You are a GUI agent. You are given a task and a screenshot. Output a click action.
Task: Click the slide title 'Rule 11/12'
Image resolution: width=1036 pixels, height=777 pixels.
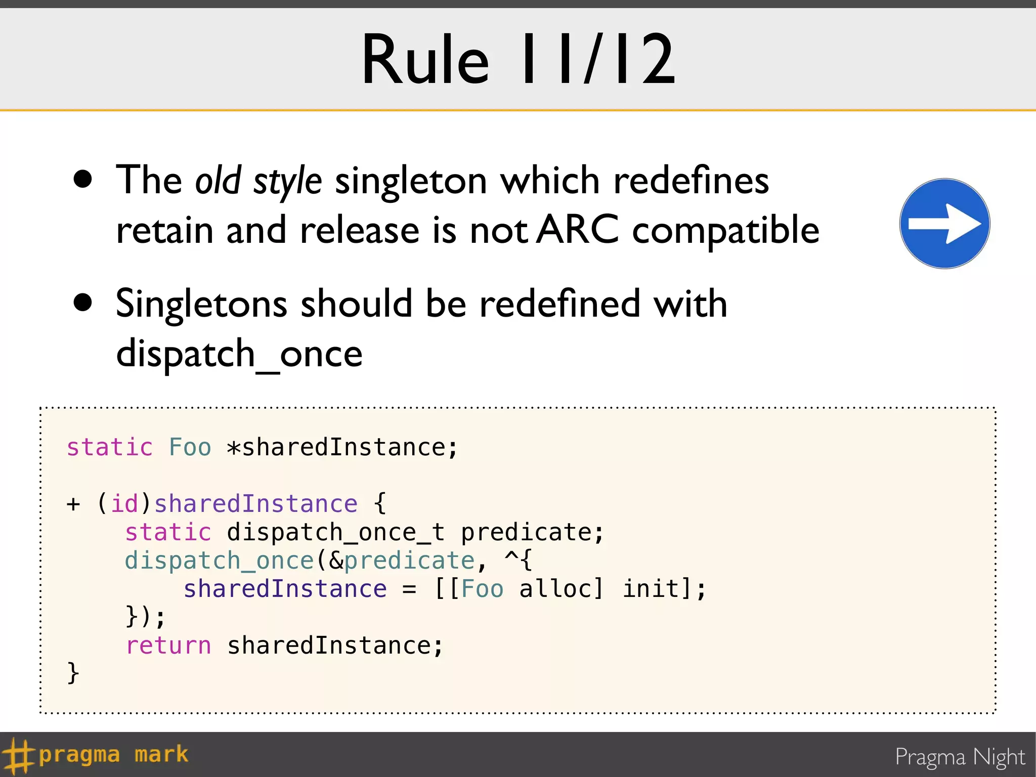coord(518,60)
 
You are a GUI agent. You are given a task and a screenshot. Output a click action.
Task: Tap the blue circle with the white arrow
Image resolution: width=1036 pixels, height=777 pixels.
coord(944,224)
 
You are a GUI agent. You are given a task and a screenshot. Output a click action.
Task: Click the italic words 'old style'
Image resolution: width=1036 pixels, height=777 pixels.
coord(258,181)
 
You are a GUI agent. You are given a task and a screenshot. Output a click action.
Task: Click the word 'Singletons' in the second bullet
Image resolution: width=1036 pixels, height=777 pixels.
coord(201,304)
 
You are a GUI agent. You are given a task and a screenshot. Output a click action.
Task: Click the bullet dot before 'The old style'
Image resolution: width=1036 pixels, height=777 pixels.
coord(82,179)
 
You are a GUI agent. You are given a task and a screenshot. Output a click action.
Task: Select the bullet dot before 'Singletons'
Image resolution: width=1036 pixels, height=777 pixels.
coord(82,303)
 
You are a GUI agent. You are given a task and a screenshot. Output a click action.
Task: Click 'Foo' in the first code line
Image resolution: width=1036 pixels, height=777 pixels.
coord(190,447)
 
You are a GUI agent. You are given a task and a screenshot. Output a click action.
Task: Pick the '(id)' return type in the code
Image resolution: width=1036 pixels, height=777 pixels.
coord(124,504)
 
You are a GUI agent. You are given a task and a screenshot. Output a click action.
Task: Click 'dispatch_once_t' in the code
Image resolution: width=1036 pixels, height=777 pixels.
coord(335,532)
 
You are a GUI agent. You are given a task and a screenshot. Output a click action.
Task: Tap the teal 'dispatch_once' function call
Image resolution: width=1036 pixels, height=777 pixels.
coord(219,560)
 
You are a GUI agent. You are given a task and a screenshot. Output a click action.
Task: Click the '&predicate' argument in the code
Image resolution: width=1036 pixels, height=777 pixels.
coord(402,560)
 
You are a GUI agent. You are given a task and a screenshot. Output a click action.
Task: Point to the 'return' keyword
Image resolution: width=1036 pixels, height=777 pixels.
coord(168,645)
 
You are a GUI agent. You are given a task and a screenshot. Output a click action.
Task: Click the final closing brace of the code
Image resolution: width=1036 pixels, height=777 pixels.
coord(73,673)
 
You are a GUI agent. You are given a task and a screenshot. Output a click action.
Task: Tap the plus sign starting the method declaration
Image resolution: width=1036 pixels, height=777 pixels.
coord(73,504)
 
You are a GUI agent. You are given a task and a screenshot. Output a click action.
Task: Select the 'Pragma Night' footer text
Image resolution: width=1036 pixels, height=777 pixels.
coord(960,757)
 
